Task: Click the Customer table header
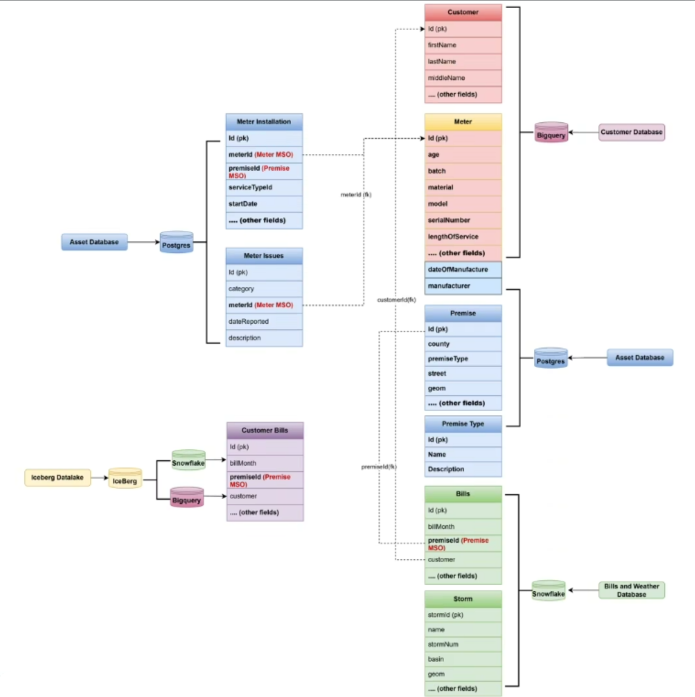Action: pos(463,12)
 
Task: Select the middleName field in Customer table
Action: pos(463,78)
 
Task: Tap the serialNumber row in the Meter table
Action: pos(463,220)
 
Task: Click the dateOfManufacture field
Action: pos(463,269)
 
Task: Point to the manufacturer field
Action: pos(463,286)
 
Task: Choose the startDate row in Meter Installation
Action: pos(264,204)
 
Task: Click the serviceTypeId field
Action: pos(264,187)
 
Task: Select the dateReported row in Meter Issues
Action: pos(264,321)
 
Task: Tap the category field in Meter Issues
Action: pos(264,289)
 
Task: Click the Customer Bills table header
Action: pos(265,430)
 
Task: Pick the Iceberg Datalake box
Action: pos(57,478)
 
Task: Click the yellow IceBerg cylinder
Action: pos(125,479)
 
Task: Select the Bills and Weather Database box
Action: pos(631,590)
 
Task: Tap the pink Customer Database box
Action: pos(631,132)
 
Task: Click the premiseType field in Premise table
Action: pos(463,359)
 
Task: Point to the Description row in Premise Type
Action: pos(463,469)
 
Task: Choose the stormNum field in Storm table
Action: pos(463,644)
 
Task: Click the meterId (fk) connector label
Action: pos(356,195)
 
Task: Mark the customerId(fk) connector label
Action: pos(396,299)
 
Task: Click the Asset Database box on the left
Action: pos(94,242)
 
